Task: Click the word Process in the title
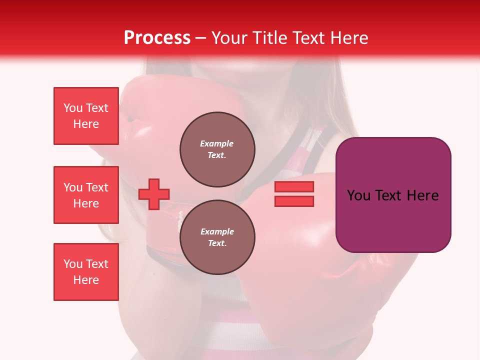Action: click(x=157, y=38)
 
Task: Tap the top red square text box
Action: click(x=86, y=116)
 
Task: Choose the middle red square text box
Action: click(x=86, y=195)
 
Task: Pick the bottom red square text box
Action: click(x=86, y=272)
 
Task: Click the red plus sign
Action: click(x=154, y=194)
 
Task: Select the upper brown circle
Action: click(x=217, y=149)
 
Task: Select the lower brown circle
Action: click(x=217, y=237)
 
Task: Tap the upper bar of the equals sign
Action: click(x=294, y=186)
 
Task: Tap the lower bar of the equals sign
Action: click(x=294, y=201)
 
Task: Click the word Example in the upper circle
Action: click(x=217, y=143)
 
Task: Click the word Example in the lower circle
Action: click(x=217, y=231)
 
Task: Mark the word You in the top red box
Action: click(x=72, y=108)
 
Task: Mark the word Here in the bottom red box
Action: click(x=86, y=280)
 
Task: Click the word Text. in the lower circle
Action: click(x=217, y=243)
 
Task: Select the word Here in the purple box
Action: click(x=422, y=195)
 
